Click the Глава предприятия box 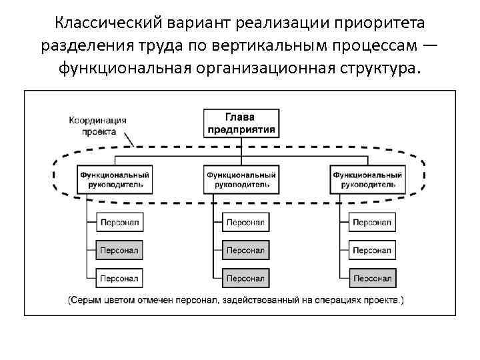click(x=239, y=123)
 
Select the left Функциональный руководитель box click(x=115, y=179)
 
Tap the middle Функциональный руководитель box click(x=241, y=179)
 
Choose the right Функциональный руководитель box click(x=367, y=179)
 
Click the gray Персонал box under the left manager click(x=119, y=250)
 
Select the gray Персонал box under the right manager click(x=372, y=277)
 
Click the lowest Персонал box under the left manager click(x=119, y=277)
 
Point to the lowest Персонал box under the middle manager click(x=245, y=277)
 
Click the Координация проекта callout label click(x=98, y=125)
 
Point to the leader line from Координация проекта click(x=130, y=141)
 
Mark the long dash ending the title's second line click(x=430, y=45)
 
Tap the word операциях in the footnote click(x=341, y=299)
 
